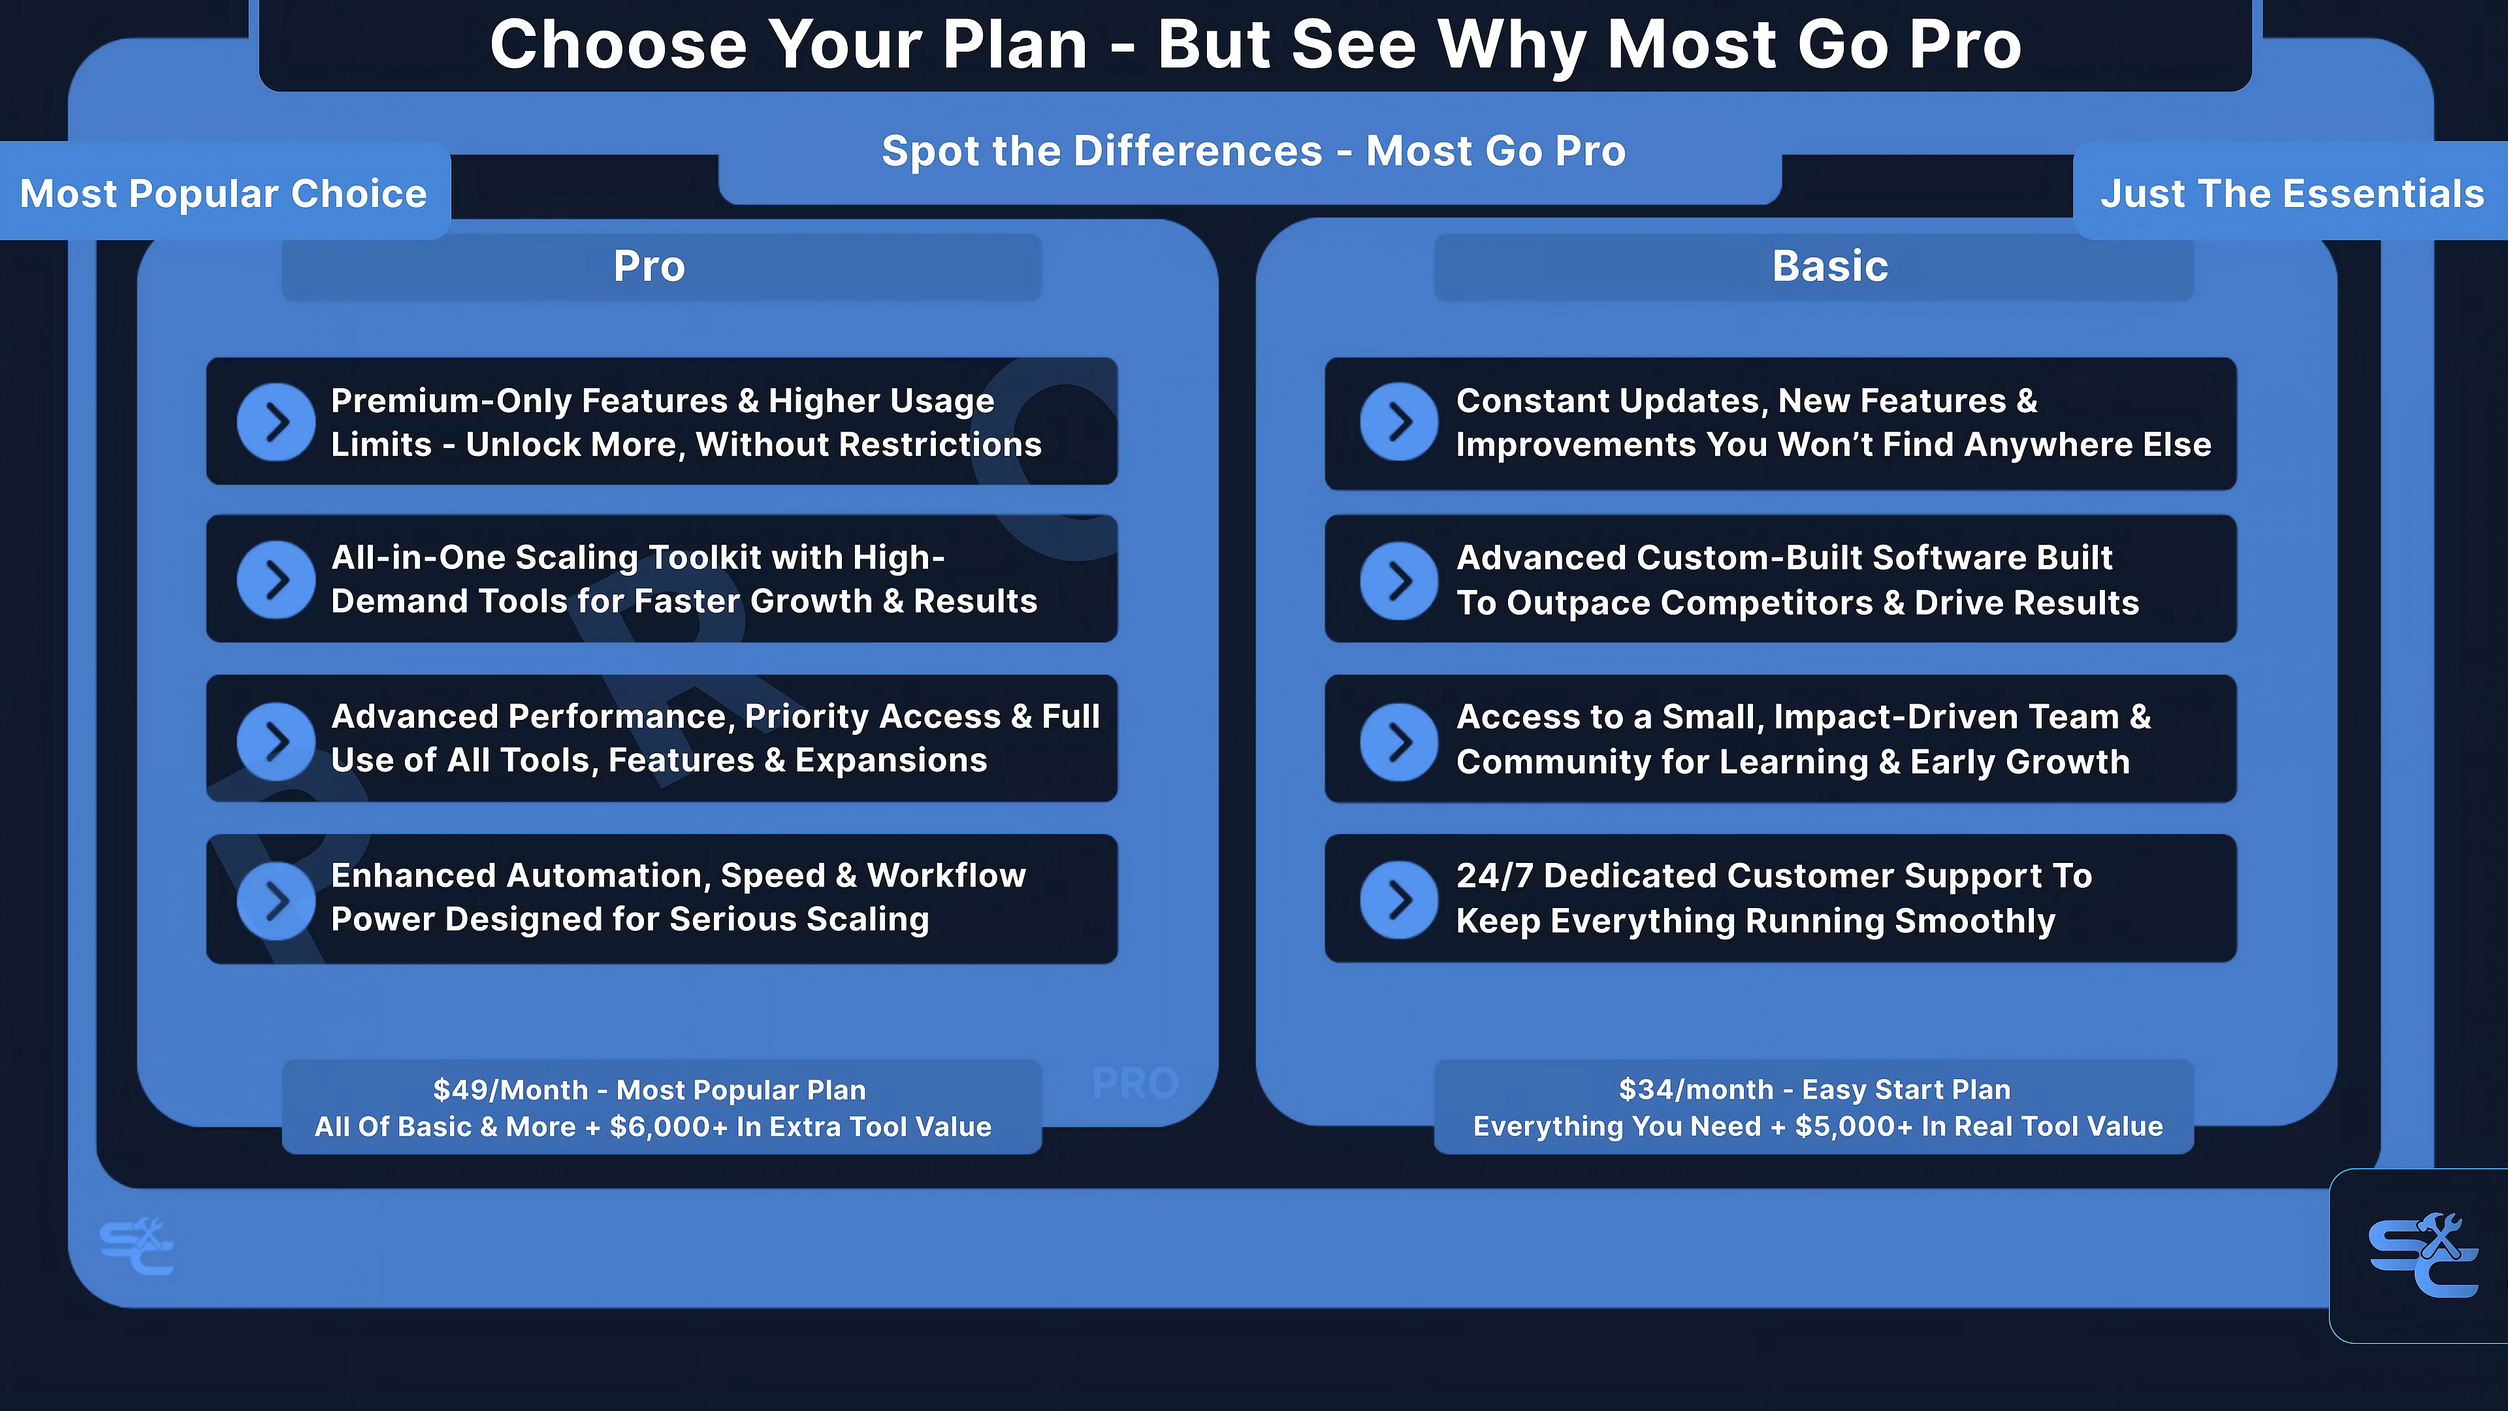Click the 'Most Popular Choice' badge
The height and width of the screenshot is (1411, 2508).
point(224,192)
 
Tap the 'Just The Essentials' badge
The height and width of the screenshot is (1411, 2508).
point(2292,192)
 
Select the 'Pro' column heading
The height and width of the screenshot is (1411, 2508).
point(649,266)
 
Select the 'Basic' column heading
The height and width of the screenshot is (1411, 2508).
point(1830,266)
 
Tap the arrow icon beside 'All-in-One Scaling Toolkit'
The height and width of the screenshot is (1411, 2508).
point(276,580)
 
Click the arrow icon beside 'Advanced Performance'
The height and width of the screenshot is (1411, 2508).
point(276,741)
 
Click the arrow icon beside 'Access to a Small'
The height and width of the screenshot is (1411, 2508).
point(1399,742)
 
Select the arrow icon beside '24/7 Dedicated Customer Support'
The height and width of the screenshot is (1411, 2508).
point(1399,900)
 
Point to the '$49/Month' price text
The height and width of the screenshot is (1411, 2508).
point(510,1090)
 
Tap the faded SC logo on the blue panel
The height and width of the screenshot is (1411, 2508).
point(137,1246)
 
